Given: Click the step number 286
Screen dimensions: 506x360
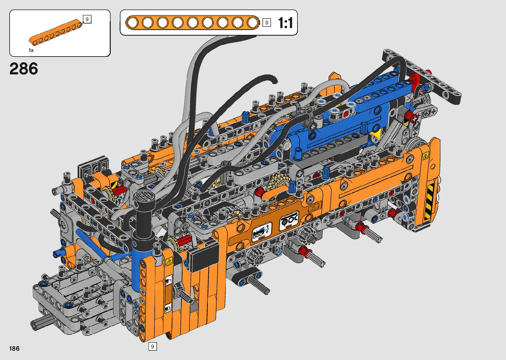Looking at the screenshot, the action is (x=24, y=69).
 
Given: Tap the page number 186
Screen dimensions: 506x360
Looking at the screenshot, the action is (x=15, y=348).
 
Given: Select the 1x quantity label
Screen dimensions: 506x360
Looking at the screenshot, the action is (x=31, y=50).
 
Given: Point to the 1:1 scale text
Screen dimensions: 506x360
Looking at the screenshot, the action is (x=286, y=23).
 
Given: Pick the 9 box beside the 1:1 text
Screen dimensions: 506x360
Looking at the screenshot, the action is (x=267, y=22).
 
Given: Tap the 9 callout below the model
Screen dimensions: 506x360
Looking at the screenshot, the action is (x=152, y=346).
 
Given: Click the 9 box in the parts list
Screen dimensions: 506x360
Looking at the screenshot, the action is (x=87, y=19).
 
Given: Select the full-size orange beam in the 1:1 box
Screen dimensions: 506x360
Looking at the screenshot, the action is (x=192, y=22).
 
